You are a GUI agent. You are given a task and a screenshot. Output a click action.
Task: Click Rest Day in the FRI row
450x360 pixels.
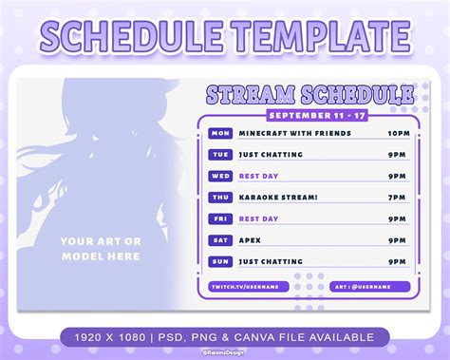[259, 218]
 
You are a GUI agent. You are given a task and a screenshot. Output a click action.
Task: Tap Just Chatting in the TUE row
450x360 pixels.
[271, 155]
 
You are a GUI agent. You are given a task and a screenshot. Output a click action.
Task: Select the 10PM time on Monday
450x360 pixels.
[398, 133]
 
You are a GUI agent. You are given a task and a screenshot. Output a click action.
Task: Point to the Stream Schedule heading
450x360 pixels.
[309, 94]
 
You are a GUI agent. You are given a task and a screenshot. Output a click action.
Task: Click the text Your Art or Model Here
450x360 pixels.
[101, 249]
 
